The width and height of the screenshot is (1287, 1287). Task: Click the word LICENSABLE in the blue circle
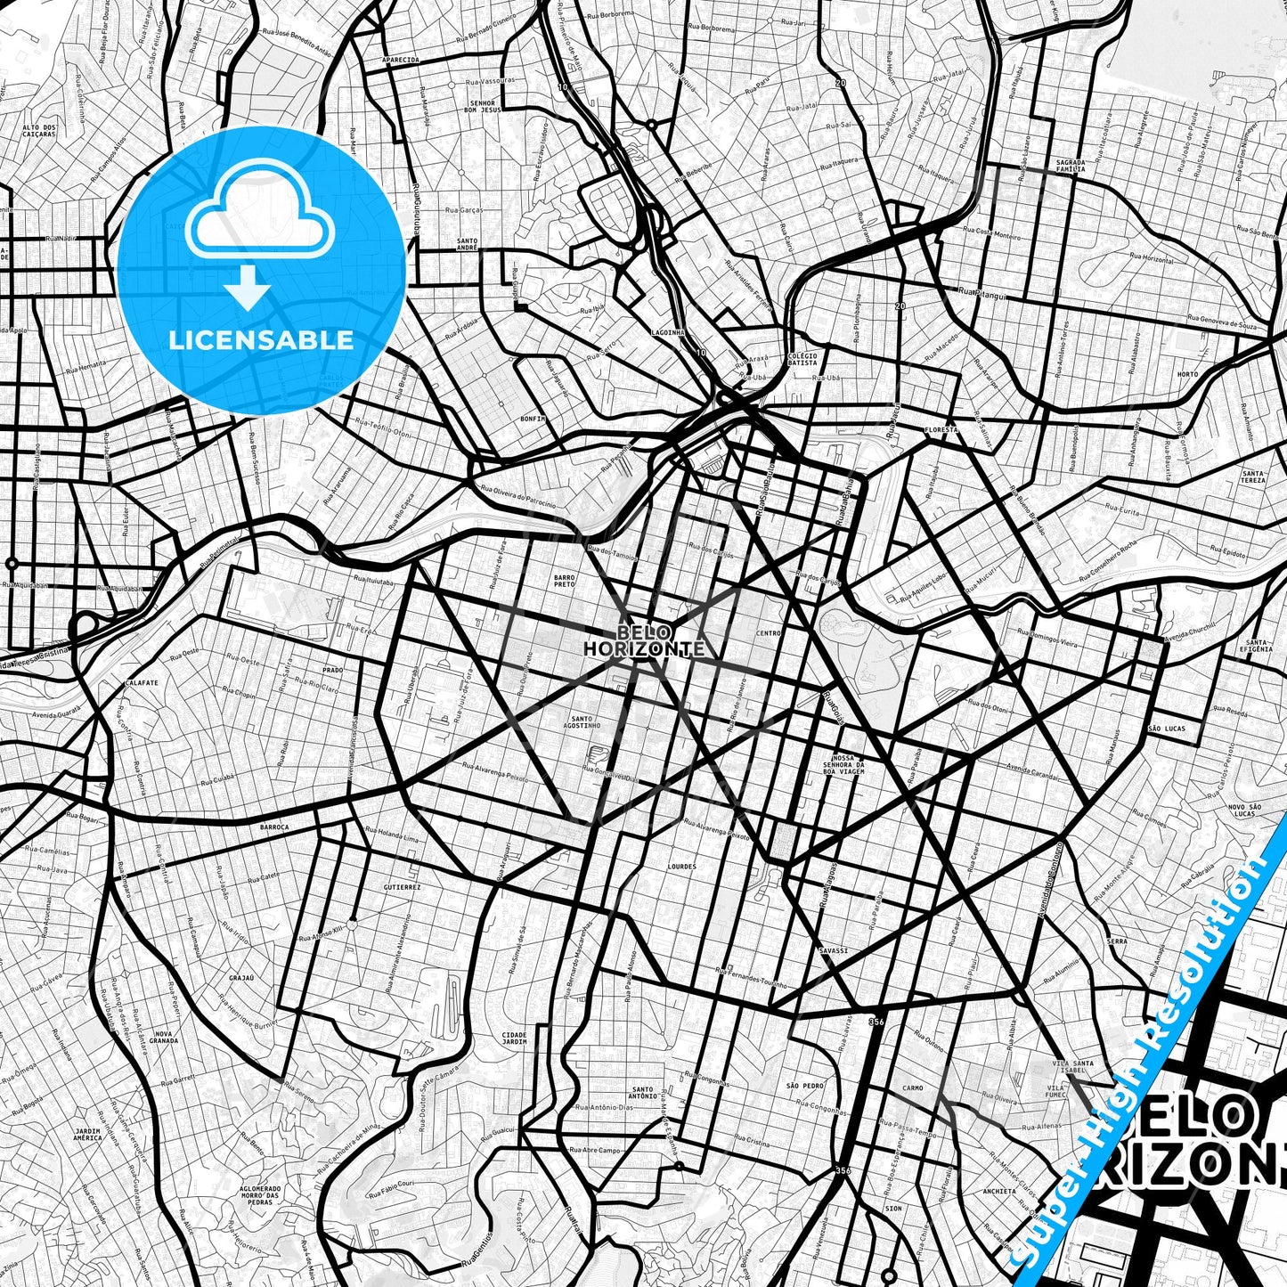point(261,339)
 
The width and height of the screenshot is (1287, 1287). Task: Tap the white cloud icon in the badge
point(261,221)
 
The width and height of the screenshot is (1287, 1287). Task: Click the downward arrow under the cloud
point(248,290)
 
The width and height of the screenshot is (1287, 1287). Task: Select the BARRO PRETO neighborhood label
point(565,581)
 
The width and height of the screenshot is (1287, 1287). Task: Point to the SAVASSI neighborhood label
point(834,951)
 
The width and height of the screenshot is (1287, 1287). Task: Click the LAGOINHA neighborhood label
point(667,331)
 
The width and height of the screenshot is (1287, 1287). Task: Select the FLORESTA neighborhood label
point(941,429)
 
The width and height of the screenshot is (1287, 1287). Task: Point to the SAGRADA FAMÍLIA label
point(1070,165)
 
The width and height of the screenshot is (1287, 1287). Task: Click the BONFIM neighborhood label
point(534,417)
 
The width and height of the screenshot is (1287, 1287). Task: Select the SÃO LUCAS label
point(1167,729)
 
